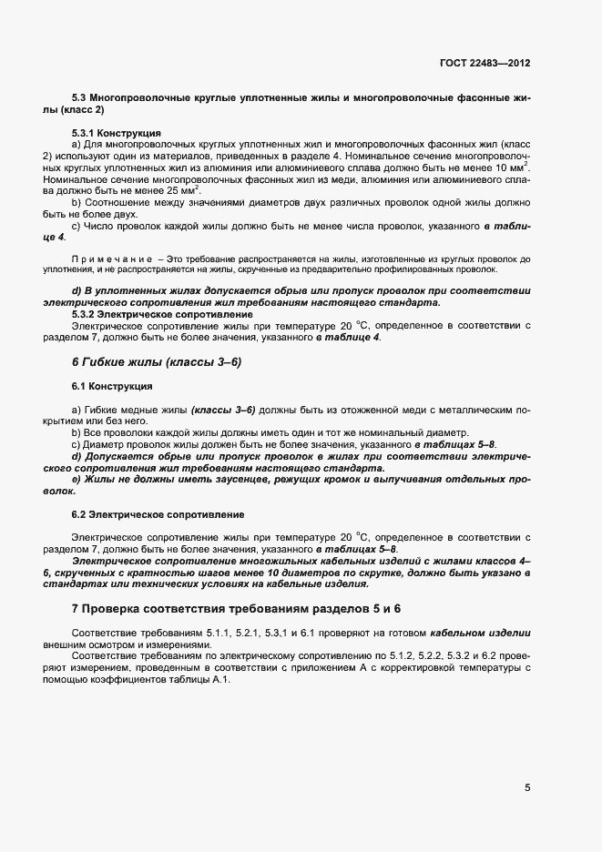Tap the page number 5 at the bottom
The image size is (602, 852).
tap(527, 788)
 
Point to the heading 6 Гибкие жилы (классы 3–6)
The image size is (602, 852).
tap(156, 361)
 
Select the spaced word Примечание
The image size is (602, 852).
tap(110, 259)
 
